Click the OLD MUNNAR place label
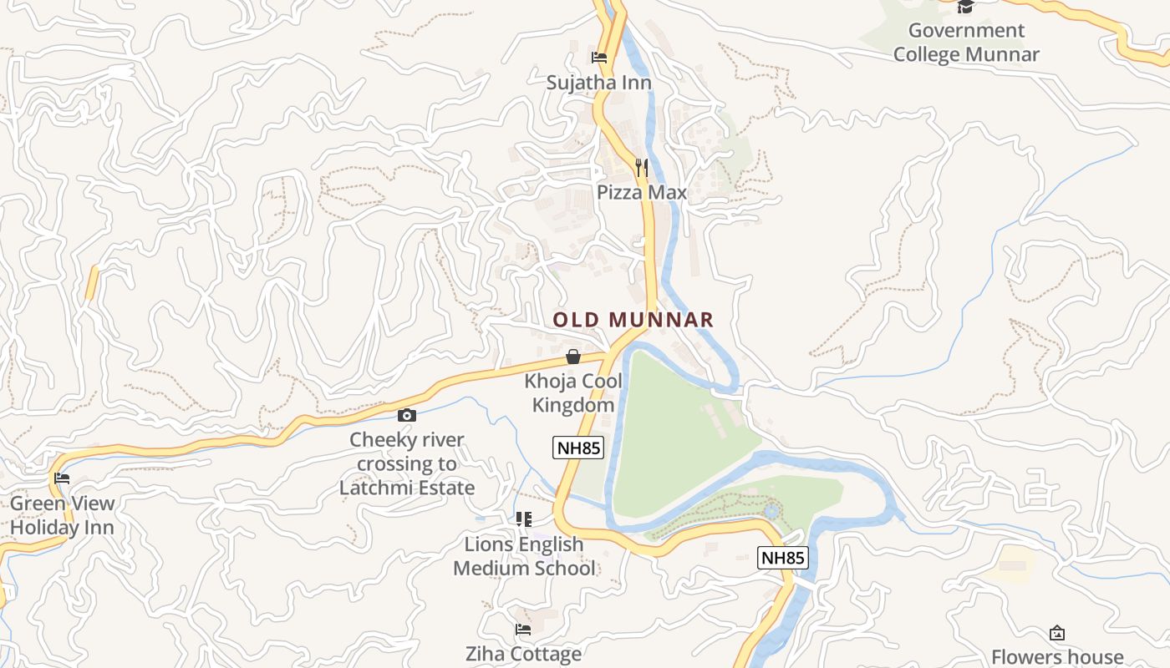[633, 320]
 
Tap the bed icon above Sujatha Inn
[599, 58]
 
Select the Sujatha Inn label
[599, 83]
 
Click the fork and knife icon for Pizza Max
[641, 168]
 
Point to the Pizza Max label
[641, 193]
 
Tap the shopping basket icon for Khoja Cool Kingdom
[573, 357]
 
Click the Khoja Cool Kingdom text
[573, 393]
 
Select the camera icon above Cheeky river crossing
[407, 415]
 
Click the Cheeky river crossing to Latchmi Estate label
[407, 463]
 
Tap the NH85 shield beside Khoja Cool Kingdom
[578, 448]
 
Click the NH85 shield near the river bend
[783, 558]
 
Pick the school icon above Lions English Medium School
[524, 519]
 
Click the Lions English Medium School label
[524, 556]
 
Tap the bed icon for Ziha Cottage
[523, 630]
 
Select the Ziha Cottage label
[523, 654]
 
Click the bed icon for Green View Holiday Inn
[62, 478]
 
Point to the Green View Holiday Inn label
[62, 515]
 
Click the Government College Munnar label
[966, 43]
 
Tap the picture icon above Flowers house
[1057, 633]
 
